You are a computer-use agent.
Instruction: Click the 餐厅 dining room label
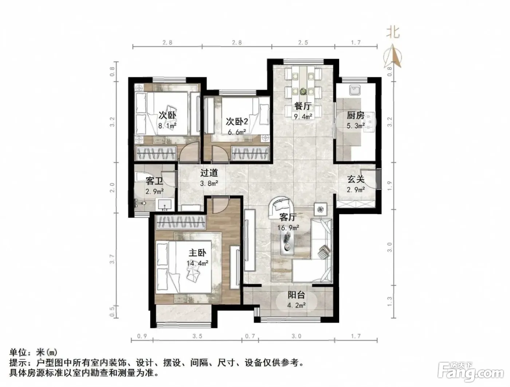click(303, 106)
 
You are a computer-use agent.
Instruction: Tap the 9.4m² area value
click(303, 116)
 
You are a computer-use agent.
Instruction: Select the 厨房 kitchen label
click(356, 115)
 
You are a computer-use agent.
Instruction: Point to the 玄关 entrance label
click(356, 179)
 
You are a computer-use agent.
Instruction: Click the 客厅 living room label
click(288, 217)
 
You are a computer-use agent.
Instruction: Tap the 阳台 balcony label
click(296, 295)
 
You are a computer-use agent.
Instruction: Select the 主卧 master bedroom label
click(197, 253)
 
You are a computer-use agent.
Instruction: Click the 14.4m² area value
click(197, 263)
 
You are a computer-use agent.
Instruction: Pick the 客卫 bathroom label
click(154, 181)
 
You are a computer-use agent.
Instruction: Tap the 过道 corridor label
click(209, 173)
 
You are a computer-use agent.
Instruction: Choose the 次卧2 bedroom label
click(237, 121)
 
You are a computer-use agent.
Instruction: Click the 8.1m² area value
click(167, 126)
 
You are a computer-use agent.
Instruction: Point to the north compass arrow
click(392, 56)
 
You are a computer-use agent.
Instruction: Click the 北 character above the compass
click(393, 32)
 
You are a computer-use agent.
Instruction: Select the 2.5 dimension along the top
click(303, 43)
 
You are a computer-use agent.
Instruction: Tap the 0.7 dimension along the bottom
click(250, 336)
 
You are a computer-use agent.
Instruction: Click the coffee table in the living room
click(288, 243)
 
